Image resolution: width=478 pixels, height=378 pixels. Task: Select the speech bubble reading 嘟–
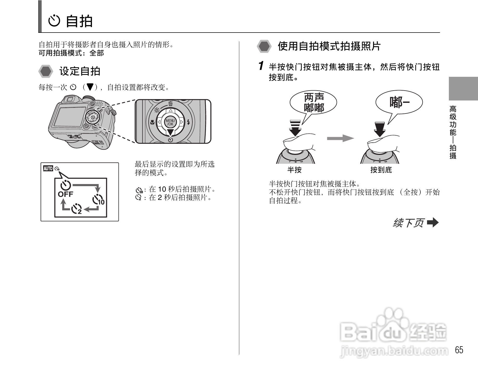tap(399, 103)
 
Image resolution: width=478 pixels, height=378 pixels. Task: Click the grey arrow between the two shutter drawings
tap(340, 138)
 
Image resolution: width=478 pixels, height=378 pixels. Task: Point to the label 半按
tap(294, 170)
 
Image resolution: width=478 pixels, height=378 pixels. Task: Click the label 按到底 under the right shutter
tap(381, 170)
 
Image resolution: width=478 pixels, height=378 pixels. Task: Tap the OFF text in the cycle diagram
tap(65, 194)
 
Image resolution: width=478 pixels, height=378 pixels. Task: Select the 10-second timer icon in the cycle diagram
tap(98, 200)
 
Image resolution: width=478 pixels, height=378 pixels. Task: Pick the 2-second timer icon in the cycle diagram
tap(76, 209)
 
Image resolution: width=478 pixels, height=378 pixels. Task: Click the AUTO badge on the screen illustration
tap(48, 168)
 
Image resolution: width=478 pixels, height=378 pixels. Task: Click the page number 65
tap(459, 350)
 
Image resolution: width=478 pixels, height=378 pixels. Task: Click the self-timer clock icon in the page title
tap(54, 21)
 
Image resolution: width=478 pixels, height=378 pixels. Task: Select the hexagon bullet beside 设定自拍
tap(46, 71)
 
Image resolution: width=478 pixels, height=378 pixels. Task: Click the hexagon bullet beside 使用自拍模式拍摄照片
tap(264, 47)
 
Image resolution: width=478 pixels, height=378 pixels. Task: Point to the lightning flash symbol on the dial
tap(188, 122)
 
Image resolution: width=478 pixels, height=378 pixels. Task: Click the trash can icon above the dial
tap(171, 103)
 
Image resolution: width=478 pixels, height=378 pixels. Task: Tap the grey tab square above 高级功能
tap(463, 89)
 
